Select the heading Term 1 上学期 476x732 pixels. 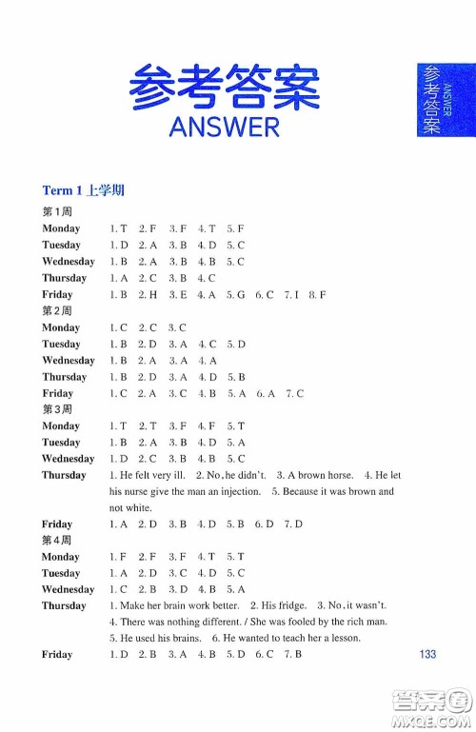click(x=84, y=190)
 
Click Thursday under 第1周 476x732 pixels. click(x=64, y=278)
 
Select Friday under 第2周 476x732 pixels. click(x=57, y=393)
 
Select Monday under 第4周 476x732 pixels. click(x=61, y=557)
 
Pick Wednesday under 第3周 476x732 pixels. click(x=68, y=459)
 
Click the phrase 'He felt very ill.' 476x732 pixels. click(x=153, y=475)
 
